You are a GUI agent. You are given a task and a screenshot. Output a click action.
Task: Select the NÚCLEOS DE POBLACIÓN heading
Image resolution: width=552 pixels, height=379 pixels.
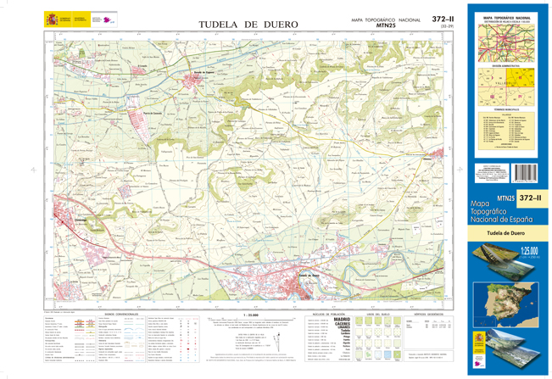(325, 313)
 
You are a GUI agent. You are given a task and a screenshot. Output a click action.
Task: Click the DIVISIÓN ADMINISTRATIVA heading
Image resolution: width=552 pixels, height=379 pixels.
(507, 64)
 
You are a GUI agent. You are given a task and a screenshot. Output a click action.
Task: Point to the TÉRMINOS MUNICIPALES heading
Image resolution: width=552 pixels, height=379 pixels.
(507, 109)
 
